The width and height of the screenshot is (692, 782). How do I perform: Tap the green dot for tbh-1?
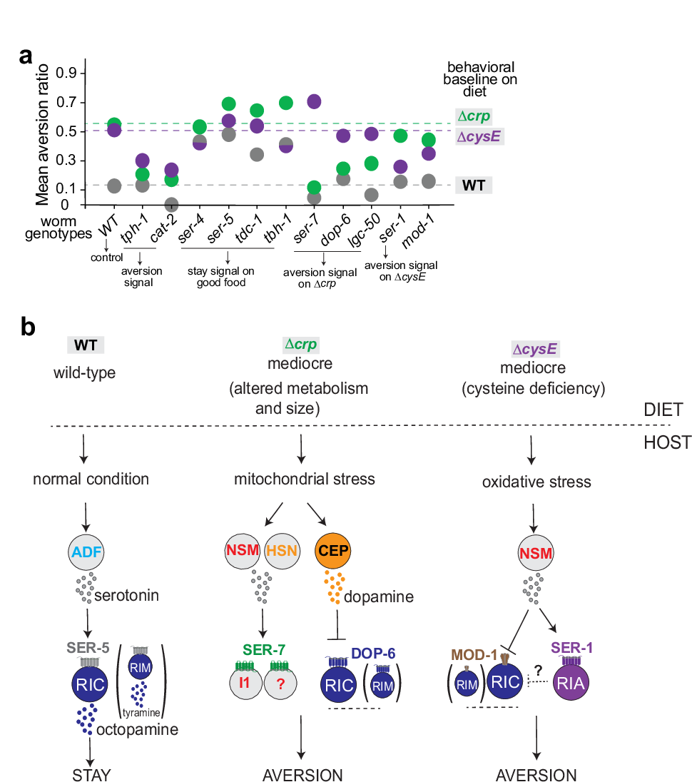tap(285, 103)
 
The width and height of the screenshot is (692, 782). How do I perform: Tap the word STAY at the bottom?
tap(92, 774)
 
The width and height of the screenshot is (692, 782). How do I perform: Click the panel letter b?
tap(28, 329)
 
